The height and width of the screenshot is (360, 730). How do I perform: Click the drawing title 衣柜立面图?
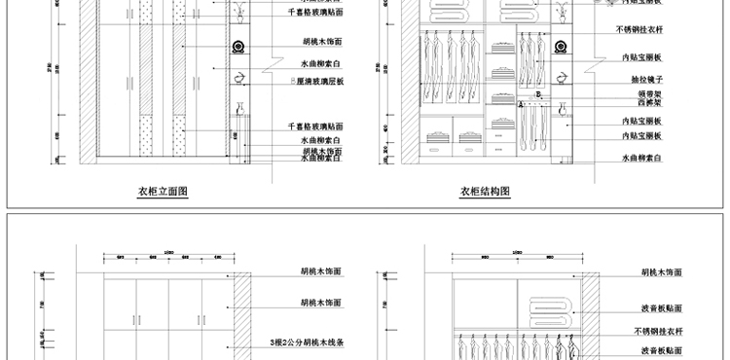coord(163,192)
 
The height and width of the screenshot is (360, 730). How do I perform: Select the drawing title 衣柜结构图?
coord(485,192)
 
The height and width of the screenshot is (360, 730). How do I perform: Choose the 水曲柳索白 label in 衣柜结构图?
coord(641,157)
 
